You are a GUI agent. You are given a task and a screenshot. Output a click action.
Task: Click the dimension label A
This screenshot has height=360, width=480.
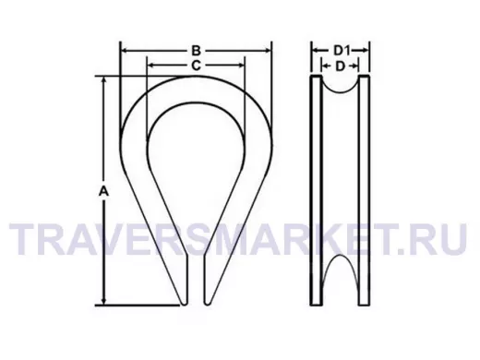coord(104,191)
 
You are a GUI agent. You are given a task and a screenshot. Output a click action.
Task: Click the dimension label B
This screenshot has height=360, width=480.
coord(196,51)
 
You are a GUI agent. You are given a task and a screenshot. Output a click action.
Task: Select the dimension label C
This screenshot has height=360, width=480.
coord(196,66)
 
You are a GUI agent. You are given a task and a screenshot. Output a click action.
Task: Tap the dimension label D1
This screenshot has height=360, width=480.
coord(342,50)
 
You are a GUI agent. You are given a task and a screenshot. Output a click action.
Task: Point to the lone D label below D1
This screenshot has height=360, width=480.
coord(340,66)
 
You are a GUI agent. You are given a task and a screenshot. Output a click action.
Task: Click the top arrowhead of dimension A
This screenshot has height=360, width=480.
coord(104,80)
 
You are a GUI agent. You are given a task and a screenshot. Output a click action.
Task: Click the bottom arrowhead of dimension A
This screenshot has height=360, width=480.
coord(104,301)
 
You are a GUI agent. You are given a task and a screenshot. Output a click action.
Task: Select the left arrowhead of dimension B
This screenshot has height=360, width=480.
coord(125,51)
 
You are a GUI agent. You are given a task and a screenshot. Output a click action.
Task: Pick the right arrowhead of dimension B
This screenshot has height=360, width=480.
coord(267,51)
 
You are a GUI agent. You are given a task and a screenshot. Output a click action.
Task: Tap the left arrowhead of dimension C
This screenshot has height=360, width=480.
coord(151,66)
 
